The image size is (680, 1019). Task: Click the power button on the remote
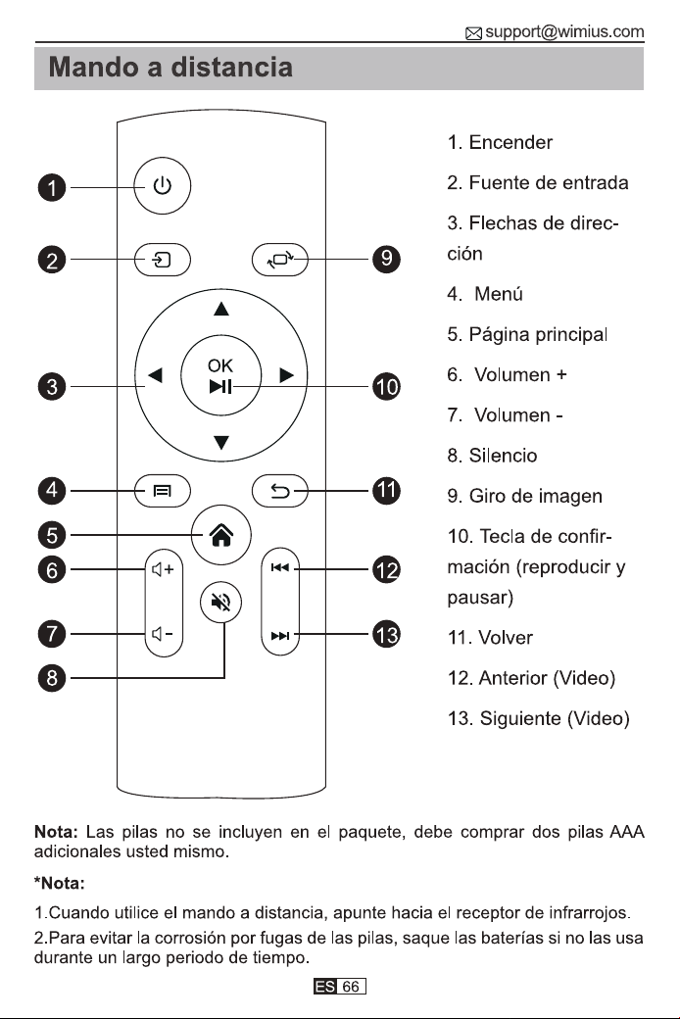pyautogui.click(x=163, y=186)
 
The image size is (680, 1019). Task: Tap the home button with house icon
pyautogui.click(x=221, y=535)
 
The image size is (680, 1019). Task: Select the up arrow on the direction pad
pyautogui.click(x=221, y=309)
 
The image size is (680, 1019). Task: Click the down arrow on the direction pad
pyautogui.click(x=221, y=443)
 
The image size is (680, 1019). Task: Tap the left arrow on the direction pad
pyautogui.click(x=155, y=375)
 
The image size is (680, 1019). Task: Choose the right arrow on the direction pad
pyautogui.click(x=287, y=375)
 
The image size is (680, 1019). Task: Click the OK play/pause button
pyautogui.click(x=221, y=375)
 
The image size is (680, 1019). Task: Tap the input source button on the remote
pyautogui.click(x=163, y=260)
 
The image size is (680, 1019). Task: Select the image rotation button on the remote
pyautogui.click(x=280, y=260)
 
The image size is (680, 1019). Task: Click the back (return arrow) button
pyautogui.click(x=280, y=491)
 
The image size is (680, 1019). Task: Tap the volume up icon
pyautogui.click(x=163, y=570)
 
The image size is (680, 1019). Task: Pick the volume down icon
pyautogui.click(x=162, y=634)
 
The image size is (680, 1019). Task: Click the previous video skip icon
pyautogui.click(x=280, y=568)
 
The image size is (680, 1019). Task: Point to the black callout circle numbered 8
pyautogui.click(x=52, y=678)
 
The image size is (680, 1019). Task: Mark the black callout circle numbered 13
pyautogui.click(x=386, y=634)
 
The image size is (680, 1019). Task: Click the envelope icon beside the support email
pyautogui.click(x=474, y=33)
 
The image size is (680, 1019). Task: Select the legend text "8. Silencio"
pyautogui.click(x=492, y=456)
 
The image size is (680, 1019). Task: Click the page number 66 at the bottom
pyautogui.click(x=351, y=987)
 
